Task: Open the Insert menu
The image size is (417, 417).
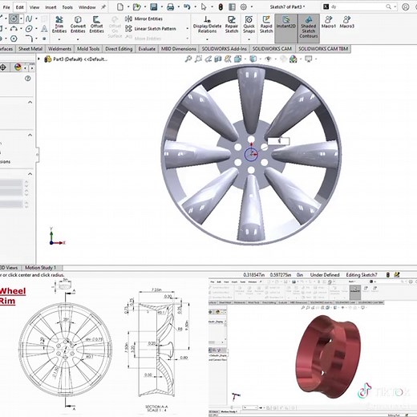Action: [51, 6]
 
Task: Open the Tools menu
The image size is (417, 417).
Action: [68, 6]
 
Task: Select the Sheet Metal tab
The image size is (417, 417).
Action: [30, 48]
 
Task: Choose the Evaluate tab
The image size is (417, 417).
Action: [147, 48]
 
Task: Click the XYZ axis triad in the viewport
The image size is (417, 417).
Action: [54, 238]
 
